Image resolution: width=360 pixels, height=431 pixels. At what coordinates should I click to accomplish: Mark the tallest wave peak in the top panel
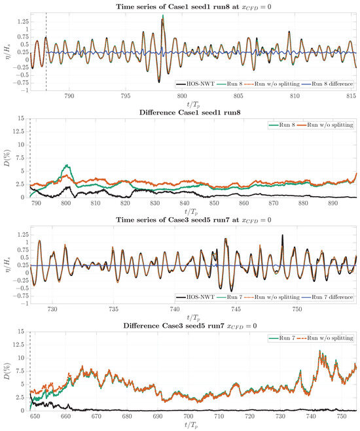[x=162, y=16]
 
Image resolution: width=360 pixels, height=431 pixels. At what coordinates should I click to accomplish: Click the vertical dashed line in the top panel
[x=46, y=52]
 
